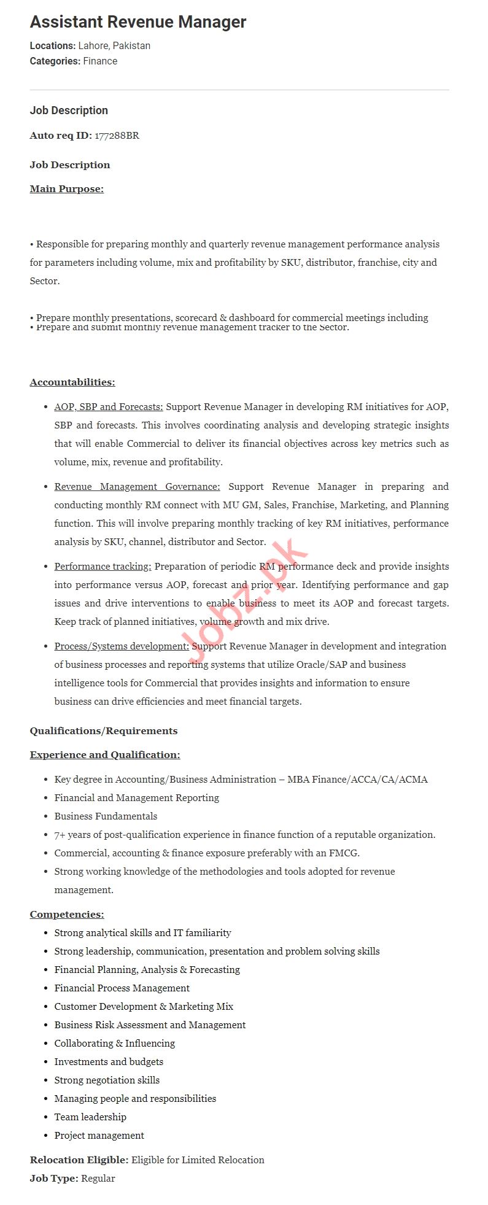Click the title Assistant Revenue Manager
click(x=138, y=22)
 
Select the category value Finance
click(x=100, y=61)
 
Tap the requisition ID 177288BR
click(x=117, y=135)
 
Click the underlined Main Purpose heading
click(x=66, y=188)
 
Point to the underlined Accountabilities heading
click(x=72, y=382)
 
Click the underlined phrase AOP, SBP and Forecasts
click(x=109, y=406)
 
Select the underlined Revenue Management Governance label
click(x=137, y=486)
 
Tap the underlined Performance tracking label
click(x=103, y=566)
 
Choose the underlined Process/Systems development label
click(x=122, y=646)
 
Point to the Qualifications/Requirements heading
click(x=103, y=730)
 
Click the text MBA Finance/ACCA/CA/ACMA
click(x=357, y=779)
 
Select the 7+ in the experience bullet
click(x=60, y=834)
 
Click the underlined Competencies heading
click(x=66, y=914)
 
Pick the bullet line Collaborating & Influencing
click(x=114, y=1043)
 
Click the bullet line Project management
click(x=99, y=1135)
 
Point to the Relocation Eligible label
click(x=79, y=1160)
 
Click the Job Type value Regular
click(x=98, y=1178)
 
